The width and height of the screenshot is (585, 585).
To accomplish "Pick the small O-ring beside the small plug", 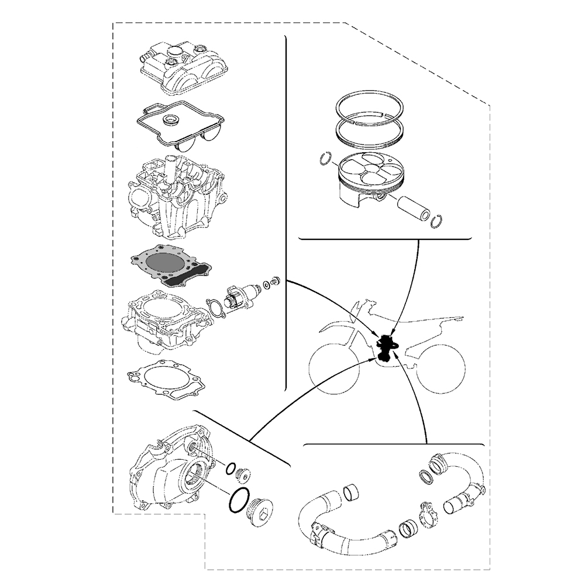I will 232,467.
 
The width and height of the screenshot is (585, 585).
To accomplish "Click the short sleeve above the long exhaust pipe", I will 352,492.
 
